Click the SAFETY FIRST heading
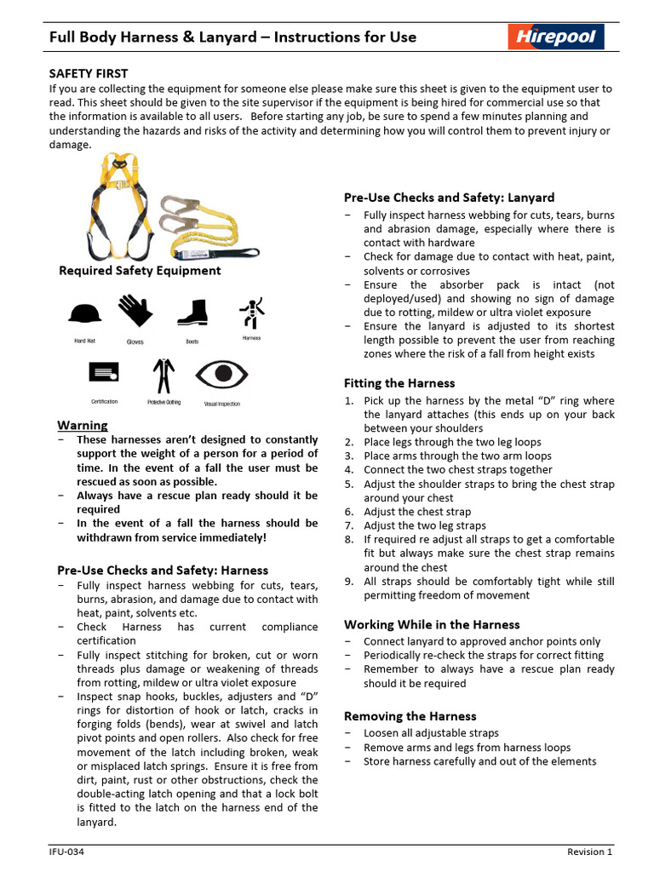coord(89,74)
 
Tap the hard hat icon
coord(84,314)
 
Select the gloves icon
coord(135,311)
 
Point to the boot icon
coord(192,311)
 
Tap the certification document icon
coord(104,372)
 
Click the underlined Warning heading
coord(83,425)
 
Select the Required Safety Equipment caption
coord(140,271)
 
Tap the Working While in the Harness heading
coord(432,624)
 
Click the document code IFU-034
coord(65,852)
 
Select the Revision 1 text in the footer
coord(590,852)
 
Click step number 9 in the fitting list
coord(349,582)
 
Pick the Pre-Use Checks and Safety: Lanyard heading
coord(449,198)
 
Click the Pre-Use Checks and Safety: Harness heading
coord(163,571)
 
